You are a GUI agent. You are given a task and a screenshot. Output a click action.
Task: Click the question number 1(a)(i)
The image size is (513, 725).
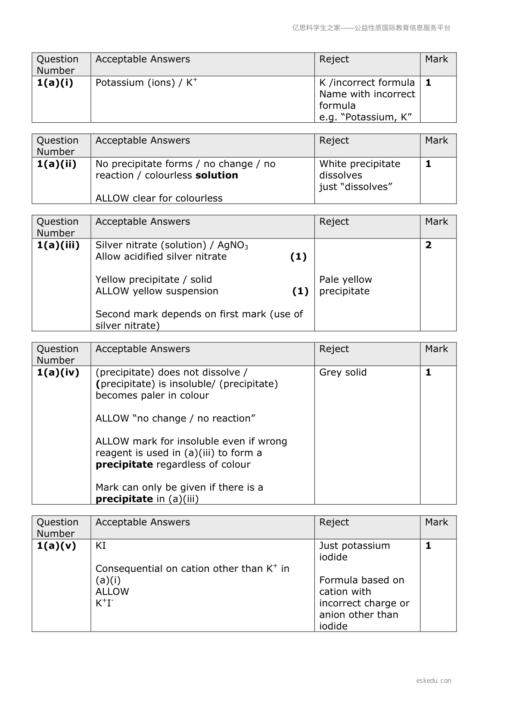[x=55, y=83]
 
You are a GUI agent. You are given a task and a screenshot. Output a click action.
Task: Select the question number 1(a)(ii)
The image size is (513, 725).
[x=56, y=164]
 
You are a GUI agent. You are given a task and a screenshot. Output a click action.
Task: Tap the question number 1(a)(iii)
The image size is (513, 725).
[x=58, y=245]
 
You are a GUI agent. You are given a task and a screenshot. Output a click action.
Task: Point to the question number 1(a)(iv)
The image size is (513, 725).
[x=58, y=372]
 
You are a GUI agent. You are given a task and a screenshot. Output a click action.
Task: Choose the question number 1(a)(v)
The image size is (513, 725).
[x=56, y=546]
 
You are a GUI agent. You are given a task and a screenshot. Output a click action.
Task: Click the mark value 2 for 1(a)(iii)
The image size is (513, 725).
[x=428, y=245]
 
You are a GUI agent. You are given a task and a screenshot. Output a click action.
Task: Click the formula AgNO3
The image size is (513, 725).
[x=233, y=245]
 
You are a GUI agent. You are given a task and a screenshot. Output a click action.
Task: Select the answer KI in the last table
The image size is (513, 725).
[x=101, y=546]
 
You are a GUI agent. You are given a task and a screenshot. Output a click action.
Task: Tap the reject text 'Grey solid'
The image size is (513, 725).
[x=343, y=372]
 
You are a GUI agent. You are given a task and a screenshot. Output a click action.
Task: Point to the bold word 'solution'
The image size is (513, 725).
[x=217, y=175]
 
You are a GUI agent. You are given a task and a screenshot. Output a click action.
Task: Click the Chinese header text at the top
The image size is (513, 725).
[x=371, y=28]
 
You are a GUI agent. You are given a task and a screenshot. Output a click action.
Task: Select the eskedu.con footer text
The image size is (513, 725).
[x=433, y=681]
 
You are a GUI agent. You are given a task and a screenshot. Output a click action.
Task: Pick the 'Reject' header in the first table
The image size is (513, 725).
[x=334, y=59]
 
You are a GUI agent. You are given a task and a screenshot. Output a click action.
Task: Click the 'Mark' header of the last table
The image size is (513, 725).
[x=436, y=522]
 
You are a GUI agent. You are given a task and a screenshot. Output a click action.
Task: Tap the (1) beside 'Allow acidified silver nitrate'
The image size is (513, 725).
[x=298, y=257]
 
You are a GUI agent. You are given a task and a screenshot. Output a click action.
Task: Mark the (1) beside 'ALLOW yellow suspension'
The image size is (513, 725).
[x=300, y=291]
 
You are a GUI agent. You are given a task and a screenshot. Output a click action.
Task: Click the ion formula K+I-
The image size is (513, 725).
[x=104, y=603]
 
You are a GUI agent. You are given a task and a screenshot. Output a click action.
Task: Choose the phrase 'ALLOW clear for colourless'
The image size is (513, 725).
[x=159, y=198]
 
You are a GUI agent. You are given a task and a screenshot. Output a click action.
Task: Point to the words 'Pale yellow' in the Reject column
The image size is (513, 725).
[x=345, y=280]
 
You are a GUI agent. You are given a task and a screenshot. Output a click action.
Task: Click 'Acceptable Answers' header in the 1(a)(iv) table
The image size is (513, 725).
[x=143, y=349]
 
